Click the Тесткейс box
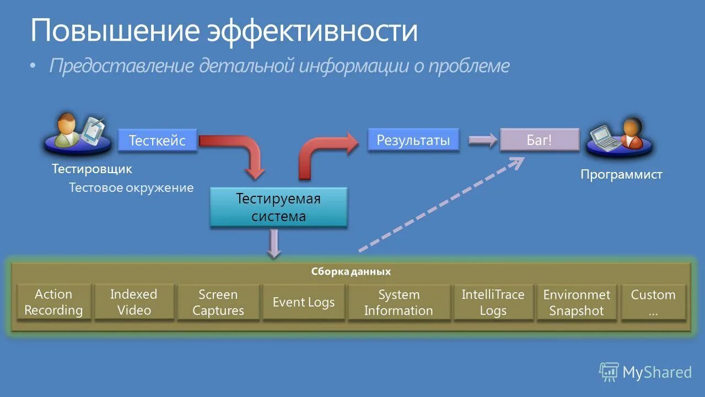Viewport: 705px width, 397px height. [157, 141]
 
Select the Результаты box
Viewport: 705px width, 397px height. [413, 140]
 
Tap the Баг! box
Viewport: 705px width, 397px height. [539, 140]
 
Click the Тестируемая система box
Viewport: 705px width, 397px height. [278, 207]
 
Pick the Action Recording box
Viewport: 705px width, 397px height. [53, 302]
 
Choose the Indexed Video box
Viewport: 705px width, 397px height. [134, 302]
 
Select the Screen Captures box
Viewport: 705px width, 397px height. [218, 302]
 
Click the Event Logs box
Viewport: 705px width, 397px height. [304, 302]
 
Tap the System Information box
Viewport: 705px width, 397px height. [399, 302]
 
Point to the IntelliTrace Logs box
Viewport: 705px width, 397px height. [493, 302]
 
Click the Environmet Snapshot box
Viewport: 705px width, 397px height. [577, 302]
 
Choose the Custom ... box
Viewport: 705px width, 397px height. [653, 302]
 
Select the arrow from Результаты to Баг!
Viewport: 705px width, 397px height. [483, 141]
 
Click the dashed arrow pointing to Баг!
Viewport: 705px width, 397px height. [441, 205]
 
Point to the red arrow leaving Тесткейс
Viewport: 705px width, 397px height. [237, 152]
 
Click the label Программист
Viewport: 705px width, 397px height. [621, 175]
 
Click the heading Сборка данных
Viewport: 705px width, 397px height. [351, 272]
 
